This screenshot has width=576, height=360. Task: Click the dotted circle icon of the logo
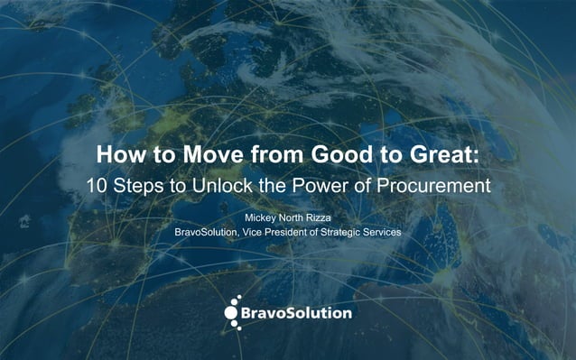click(233, 309)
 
